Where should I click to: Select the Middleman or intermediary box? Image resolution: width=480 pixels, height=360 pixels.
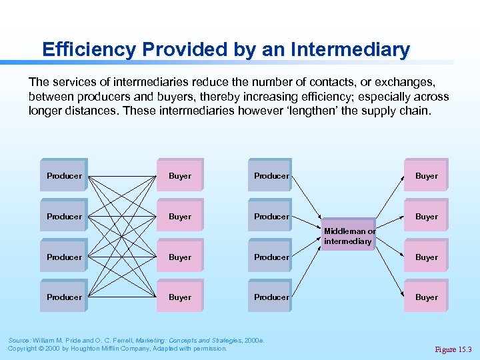click(349, 237)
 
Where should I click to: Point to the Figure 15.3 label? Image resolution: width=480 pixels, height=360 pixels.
click(453, 349)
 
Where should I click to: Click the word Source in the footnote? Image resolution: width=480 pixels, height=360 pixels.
click(19, 340)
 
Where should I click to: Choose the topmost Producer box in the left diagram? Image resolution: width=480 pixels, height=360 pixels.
click(64, 176)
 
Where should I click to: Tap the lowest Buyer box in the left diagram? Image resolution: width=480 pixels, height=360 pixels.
click(180, 297)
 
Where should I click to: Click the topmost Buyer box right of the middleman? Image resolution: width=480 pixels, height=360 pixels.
click(427, 176)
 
